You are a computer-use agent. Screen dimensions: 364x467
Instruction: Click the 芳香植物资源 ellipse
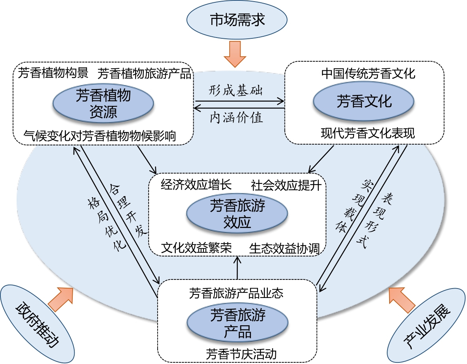tap(103, 104)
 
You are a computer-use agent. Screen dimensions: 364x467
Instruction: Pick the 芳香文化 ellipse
tap(364, 101)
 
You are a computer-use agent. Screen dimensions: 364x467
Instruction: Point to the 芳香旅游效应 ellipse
tap(237, 214)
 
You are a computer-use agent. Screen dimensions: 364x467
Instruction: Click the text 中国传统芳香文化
tap(368, 74)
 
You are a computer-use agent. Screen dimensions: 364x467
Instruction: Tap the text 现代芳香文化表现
tap(368, 133)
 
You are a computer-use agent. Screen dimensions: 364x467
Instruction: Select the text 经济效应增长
tap(196, 185)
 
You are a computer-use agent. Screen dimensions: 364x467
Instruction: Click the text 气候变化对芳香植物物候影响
tap(100, 136)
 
